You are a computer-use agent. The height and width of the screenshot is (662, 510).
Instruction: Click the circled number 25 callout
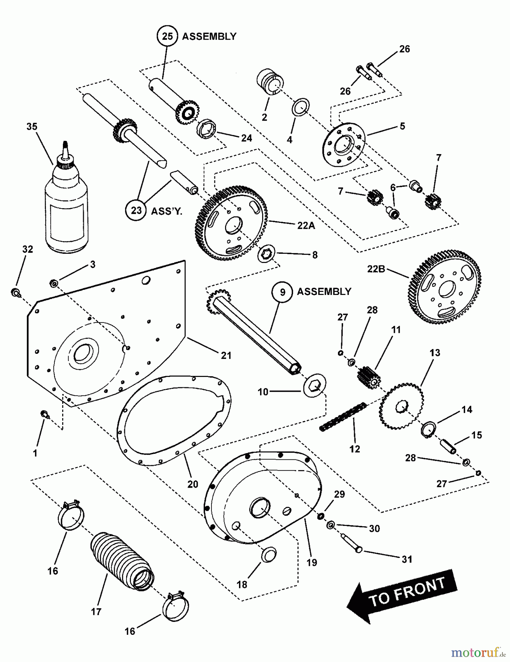tap(167, 36)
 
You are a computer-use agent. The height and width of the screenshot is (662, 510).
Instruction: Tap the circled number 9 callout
tap(282, 292)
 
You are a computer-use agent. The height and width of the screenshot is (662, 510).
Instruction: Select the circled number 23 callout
tap(136, 210)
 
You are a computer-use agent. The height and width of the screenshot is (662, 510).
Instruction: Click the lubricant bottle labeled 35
tap(67, 210)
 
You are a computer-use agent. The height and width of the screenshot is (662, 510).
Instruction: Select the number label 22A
tap(306, 225)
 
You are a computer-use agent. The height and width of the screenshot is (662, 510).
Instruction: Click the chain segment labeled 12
tap(343, 417)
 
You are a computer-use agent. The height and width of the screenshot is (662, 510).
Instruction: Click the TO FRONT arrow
tap(403, 595)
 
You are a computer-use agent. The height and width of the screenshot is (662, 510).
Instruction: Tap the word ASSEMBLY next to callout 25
tap(209, 36)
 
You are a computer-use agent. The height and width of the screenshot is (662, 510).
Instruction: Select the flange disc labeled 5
tap(344, 145)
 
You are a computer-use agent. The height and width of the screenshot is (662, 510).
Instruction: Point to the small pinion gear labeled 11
tap(368, 377)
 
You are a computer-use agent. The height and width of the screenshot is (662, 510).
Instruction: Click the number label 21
tap(226, 355)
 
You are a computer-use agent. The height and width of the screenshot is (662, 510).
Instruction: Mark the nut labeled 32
tap(15, 292)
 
